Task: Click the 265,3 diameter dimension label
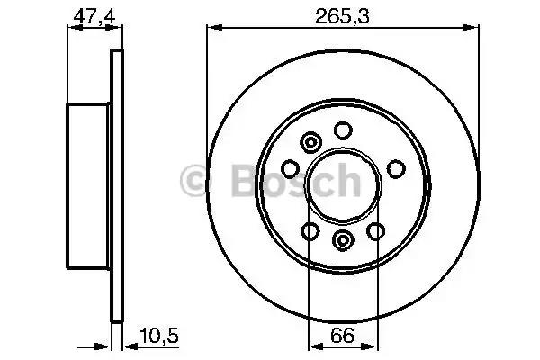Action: pos(342,16)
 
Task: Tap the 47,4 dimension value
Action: pos(94,16)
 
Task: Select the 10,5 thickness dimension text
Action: pos(159,336)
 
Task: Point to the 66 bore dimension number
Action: pos(342,335)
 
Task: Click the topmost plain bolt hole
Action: pos(343,130)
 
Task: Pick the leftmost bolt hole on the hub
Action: pos(290,169)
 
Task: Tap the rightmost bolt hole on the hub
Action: pos(396,169)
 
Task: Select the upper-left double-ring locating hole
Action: pos(311,142)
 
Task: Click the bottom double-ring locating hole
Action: pos(343,240)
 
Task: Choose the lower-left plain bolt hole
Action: pos(310,230)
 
